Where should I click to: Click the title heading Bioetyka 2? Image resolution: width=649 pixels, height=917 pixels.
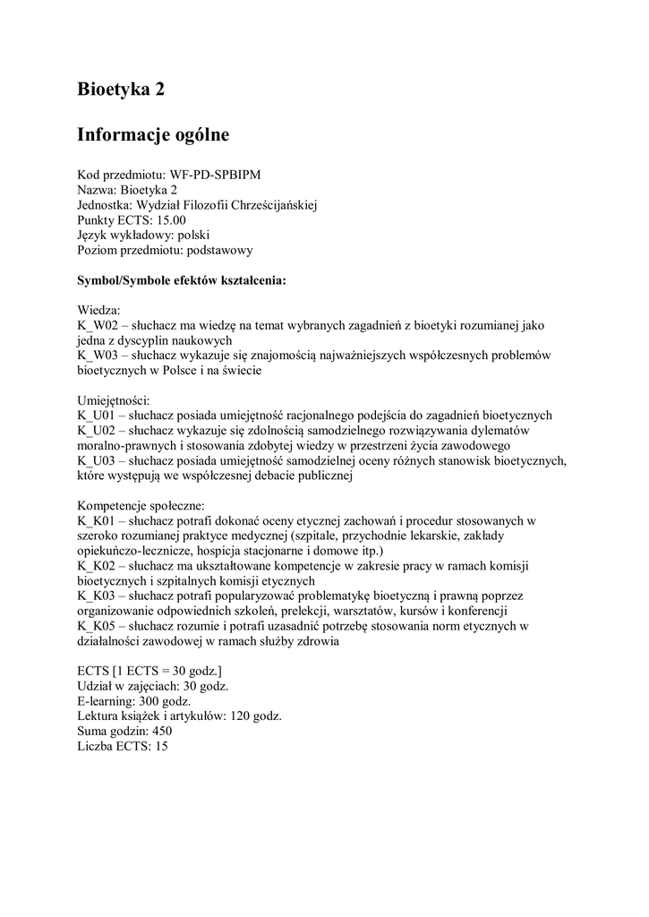pos(121,90)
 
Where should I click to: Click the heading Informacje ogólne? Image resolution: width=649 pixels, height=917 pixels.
pos(153,135)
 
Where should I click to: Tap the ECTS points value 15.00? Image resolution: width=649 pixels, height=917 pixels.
pos(172,219)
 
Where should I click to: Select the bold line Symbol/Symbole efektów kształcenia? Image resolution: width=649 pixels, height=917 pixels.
pos(182,280)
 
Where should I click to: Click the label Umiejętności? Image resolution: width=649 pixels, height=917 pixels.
pos(114,400)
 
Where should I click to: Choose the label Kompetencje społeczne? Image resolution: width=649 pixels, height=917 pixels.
pos(141,506)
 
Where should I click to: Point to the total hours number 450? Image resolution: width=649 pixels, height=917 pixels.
pos(161,731)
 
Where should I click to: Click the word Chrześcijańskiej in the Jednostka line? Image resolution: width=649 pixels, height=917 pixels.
pos(275,204)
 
